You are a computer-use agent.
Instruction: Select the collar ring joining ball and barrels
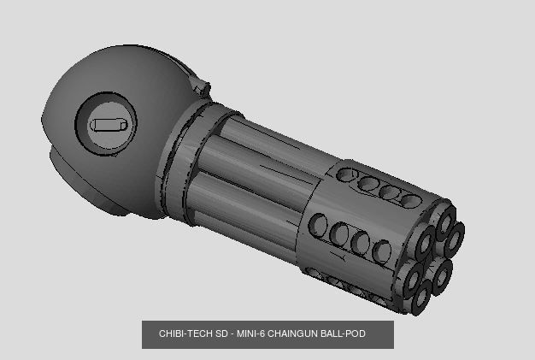(183, 159)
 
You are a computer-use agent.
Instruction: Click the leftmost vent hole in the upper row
(348, 175)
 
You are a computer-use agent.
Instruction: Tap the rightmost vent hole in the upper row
(412, 201)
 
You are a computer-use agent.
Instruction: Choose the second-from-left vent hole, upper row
(369, 183)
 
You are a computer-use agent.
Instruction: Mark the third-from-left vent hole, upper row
(391, 192)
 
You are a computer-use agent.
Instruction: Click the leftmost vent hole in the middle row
(319, 225)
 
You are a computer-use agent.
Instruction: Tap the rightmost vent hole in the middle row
(382, 251)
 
